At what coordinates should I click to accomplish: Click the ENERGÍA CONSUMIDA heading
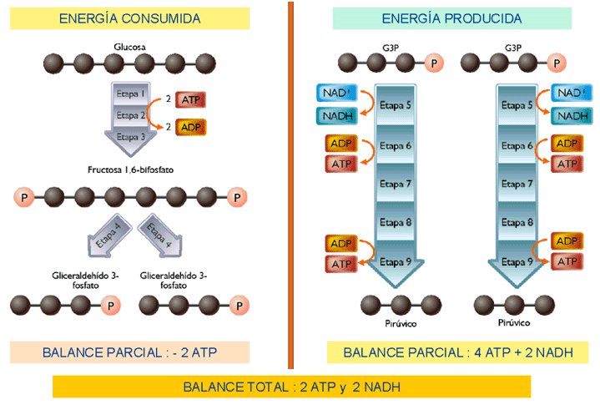click(x=129, y=18)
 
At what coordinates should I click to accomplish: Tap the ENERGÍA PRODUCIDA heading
click(x=452, y=18)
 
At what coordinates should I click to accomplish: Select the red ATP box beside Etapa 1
click(x=190, y=100)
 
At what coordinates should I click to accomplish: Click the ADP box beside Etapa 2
click(x=190, y=127)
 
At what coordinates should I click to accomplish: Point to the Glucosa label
click(x=129, y=47)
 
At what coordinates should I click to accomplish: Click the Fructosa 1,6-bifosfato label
click(x=130, y=170)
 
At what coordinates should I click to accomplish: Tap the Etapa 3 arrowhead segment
click(x=131, y=140)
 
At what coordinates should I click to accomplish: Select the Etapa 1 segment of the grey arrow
click(x=131, y=94)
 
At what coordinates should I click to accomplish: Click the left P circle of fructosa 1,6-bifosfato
click(x=24, y=198)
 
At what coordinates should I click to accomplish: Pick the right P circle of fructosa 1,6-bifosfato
click(x=237, y=198)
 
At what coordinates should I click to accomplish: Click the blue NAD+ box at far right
click(x=572, y=93)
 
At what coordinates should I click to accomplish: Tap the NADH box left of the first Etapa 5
click(x=337, y=116)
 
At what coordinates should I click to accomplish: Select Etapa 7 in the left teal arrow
click(x=396, y=184)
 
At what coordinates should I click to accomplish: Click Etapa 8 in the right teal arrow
click(x=517, y=222)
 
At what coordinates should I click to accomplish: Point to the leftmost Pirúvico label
click(x=401, y=323)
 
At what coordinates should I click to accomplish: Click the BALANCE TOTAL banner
click(x=291, y=387)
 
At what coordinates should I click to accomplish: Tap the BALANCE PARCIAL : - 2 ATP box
click(x=129, y=352)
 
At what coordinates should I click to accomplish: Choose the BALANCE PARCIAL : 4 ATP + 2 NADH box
click(x=457, y=352)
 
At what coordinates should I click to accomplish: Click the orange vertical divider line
click(x=290, y=185)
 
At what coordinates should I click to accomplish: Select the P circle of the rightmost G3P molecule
click(x=557, y=63)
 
